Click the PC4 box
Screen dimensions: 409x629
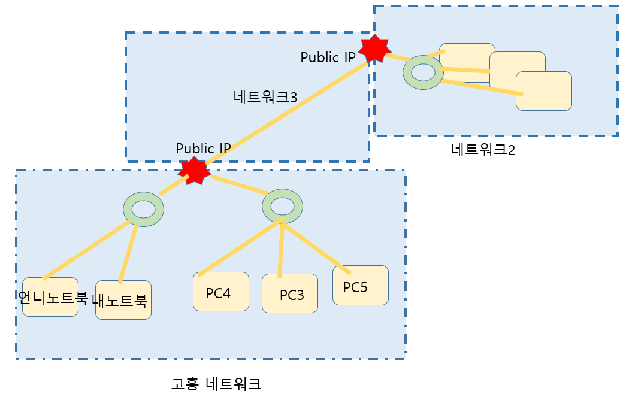(220, 292)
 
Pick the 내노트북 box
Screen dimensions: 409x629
(123, 300)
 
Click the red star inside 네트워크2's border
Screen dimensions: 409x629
(374, 49)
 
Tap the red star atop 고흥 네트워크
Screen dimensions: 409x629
(195, 171)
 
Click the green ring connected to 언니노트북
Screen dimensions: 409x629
(143, 209)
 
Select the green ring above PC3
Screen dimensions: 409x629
(282, 206)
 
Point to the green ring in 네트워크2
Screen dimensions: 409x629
(423, 72)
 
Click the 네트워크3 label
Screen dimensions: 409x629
(265, 97)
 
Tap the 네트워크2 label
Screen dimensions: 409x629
(483, 150)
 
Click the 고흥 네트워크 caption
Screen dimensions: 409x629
(216, 384)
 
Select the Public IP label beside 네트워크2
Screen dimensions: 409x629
(328, 57)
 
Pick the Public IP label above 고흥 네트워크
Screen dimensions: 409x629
(203, 148)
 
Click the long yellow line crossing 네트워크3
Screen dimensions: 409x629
(282, 114)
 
